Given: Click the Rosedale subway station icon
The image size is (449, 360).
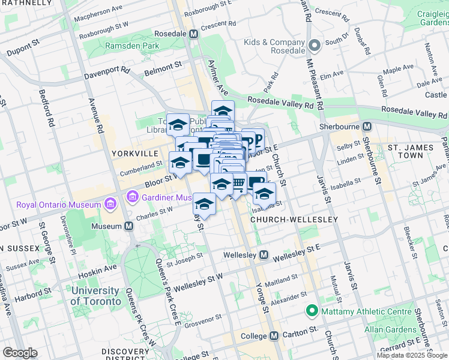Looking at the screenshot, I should [193, 34].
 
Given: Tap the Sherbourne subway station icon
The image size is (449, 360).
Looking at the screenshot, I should [366, 126].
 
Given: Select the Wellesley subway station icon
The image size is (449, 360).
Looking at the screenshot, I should [264, 256].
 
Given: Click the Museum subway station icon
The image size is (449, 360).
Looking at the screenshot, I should [128, 226].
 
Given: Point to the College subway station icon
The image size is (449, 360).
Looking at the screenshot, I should [273, 335].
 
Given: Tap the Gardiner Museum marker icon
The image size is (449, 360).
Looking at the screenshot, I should [132, 197].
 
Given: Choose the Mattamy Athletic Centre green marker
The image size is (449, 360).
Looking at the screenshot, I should [312, 311].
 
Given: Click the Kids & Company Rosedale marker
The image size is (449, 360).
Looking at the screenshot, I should [313, 46].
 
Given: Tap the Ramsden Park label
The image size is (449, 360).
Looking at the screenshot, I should [132, 46].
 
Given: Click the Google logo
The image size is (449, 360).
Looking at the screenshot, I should [20, 353].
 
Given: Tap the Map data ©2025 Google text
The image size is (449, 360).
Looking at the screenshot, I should [412, 355].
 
